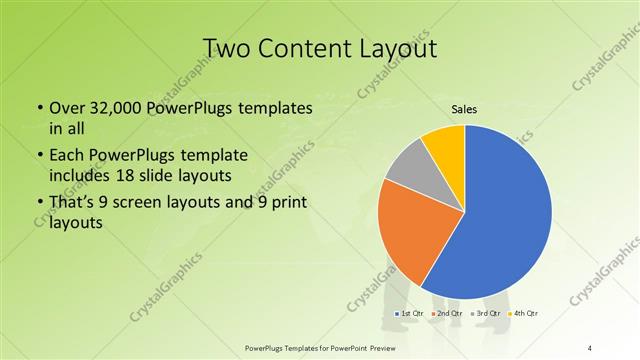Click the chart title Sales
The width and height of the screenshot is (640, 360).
click(x=464, y=108)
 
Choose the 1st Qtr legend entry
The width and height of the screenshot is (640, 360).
click(x=409, y=314)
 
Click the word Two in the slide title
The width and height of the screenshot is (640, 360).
click(x=227, y=47)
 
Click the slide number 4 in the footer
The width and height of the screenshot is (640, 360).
click(x=591, y=347)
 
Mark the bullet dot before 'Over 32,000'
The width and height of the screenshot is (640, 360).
click(x=38, y=108)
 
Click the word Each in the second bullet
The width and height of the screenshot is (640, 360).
click(x=66, y=156)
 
